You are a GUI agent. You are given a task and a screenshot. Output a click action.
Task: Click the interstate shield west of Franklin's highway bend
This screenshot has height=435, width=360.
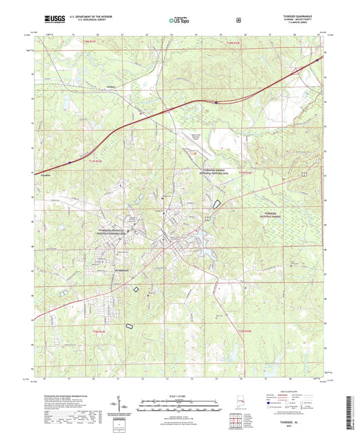tap(70, 162)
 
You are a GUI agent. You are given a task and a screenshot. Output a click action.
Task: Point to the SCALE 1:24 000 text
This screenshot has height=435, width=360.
tap(180, 394)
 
